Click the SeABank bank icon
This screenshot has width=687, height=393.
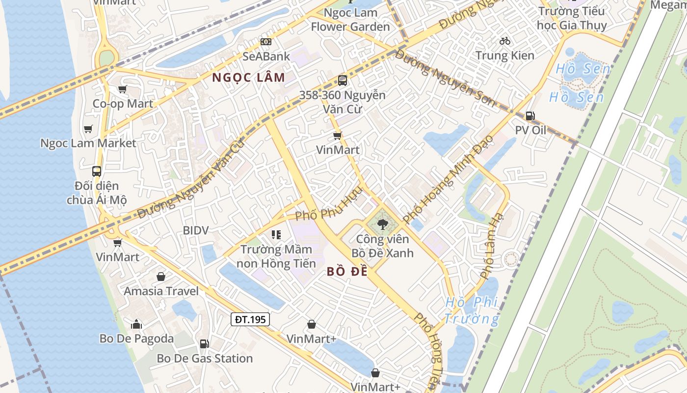coord(266,42)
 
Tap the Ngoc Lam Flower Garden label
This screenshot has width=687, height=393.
coord(350,20)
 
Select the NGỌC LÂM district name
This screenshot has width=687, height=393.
coord(248,77)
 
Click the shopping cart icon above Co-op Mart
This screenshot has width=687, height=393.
coord(122,89)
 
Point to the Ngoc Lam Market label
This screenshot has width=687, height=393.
coord(88,143)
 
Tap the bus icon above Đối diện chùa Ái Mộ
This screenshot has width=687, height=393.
coord(97,171)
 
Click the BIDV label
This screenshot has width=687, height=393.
coord(196,230)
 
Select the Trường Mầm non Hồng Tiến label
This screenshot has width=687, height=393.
coord(276,256)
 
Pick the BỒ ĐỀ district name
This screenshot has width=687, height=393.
coord(347,272)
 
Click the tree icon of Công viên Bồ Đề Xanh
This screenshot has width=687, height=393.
coord(382,225)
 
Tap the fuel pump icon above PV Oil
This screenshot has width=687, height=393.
coord(530,116)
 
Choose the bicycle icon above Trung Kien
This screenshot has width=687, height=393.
coord(504,41)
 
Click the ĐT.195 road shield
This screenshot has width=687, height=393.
coord(250,319)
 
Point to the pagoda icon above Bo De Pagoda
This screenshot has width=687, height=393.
coord(136,324)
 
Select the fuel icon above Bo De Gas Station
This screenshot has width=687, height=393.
coord(205,344)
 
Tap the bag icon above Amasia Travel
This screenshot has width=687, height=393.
coord(161,277)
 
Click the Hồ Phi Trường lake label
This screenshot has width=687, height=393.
coord(472,310)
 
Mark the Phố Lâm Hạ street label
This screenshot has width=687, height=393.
coord(492,246)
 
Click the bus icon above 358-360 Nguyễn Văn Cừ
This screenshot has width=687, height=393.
coord(343,81)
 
